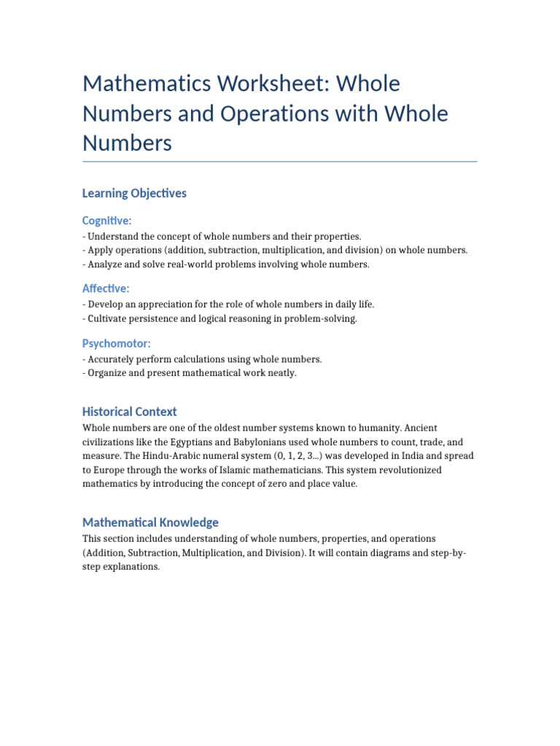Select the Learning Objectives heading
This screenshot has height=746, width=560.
point(134,193)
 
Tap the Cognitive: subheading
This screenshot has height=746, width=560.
point(107,221)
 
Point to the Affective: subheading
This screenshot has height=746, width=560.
point(106,288)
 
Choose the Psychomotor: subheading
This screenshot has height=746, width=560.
point(117,343)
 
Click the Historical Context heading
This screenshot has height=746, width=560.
point(130,412)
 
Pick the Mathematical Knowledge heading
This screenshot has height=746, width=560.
point(150,522)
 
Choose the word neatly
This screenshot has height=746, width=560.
point(280,373)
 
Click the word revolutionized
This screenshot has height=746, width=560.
point(398,470)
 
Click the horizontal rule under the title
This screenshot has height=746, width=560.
point(280,162)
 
